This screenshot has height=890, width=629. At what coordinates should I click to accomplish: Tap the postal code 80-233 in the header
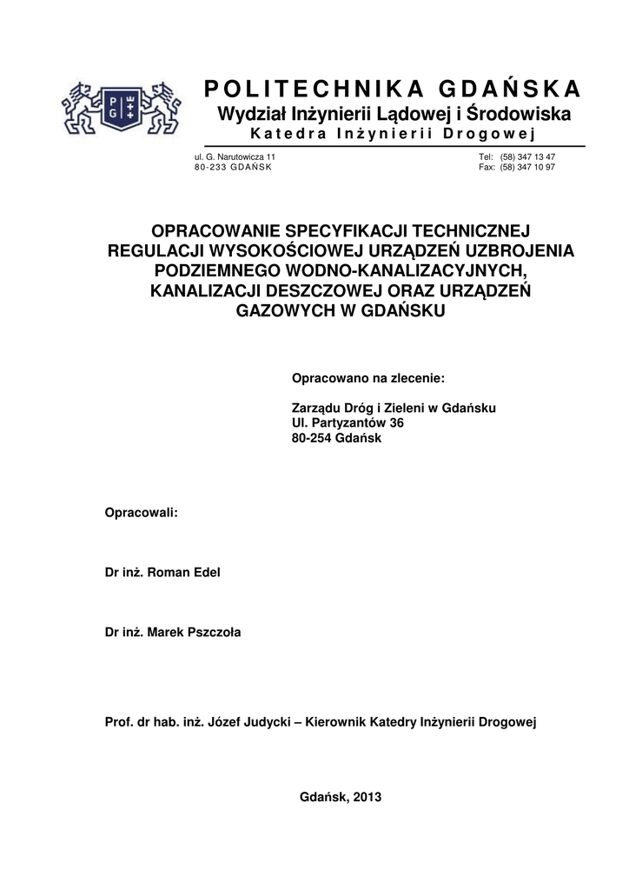208,167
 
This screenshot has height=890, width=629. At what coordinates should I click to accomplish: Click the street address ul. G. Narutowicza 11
235,156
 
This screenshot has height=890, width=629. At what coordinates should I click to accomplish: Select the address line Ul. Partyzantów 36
348,422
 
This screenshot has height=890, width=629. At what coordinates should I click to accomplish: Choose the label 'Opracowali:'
141,512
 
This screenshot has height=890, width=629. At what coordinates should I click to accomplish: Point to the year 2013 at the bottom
367,796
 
